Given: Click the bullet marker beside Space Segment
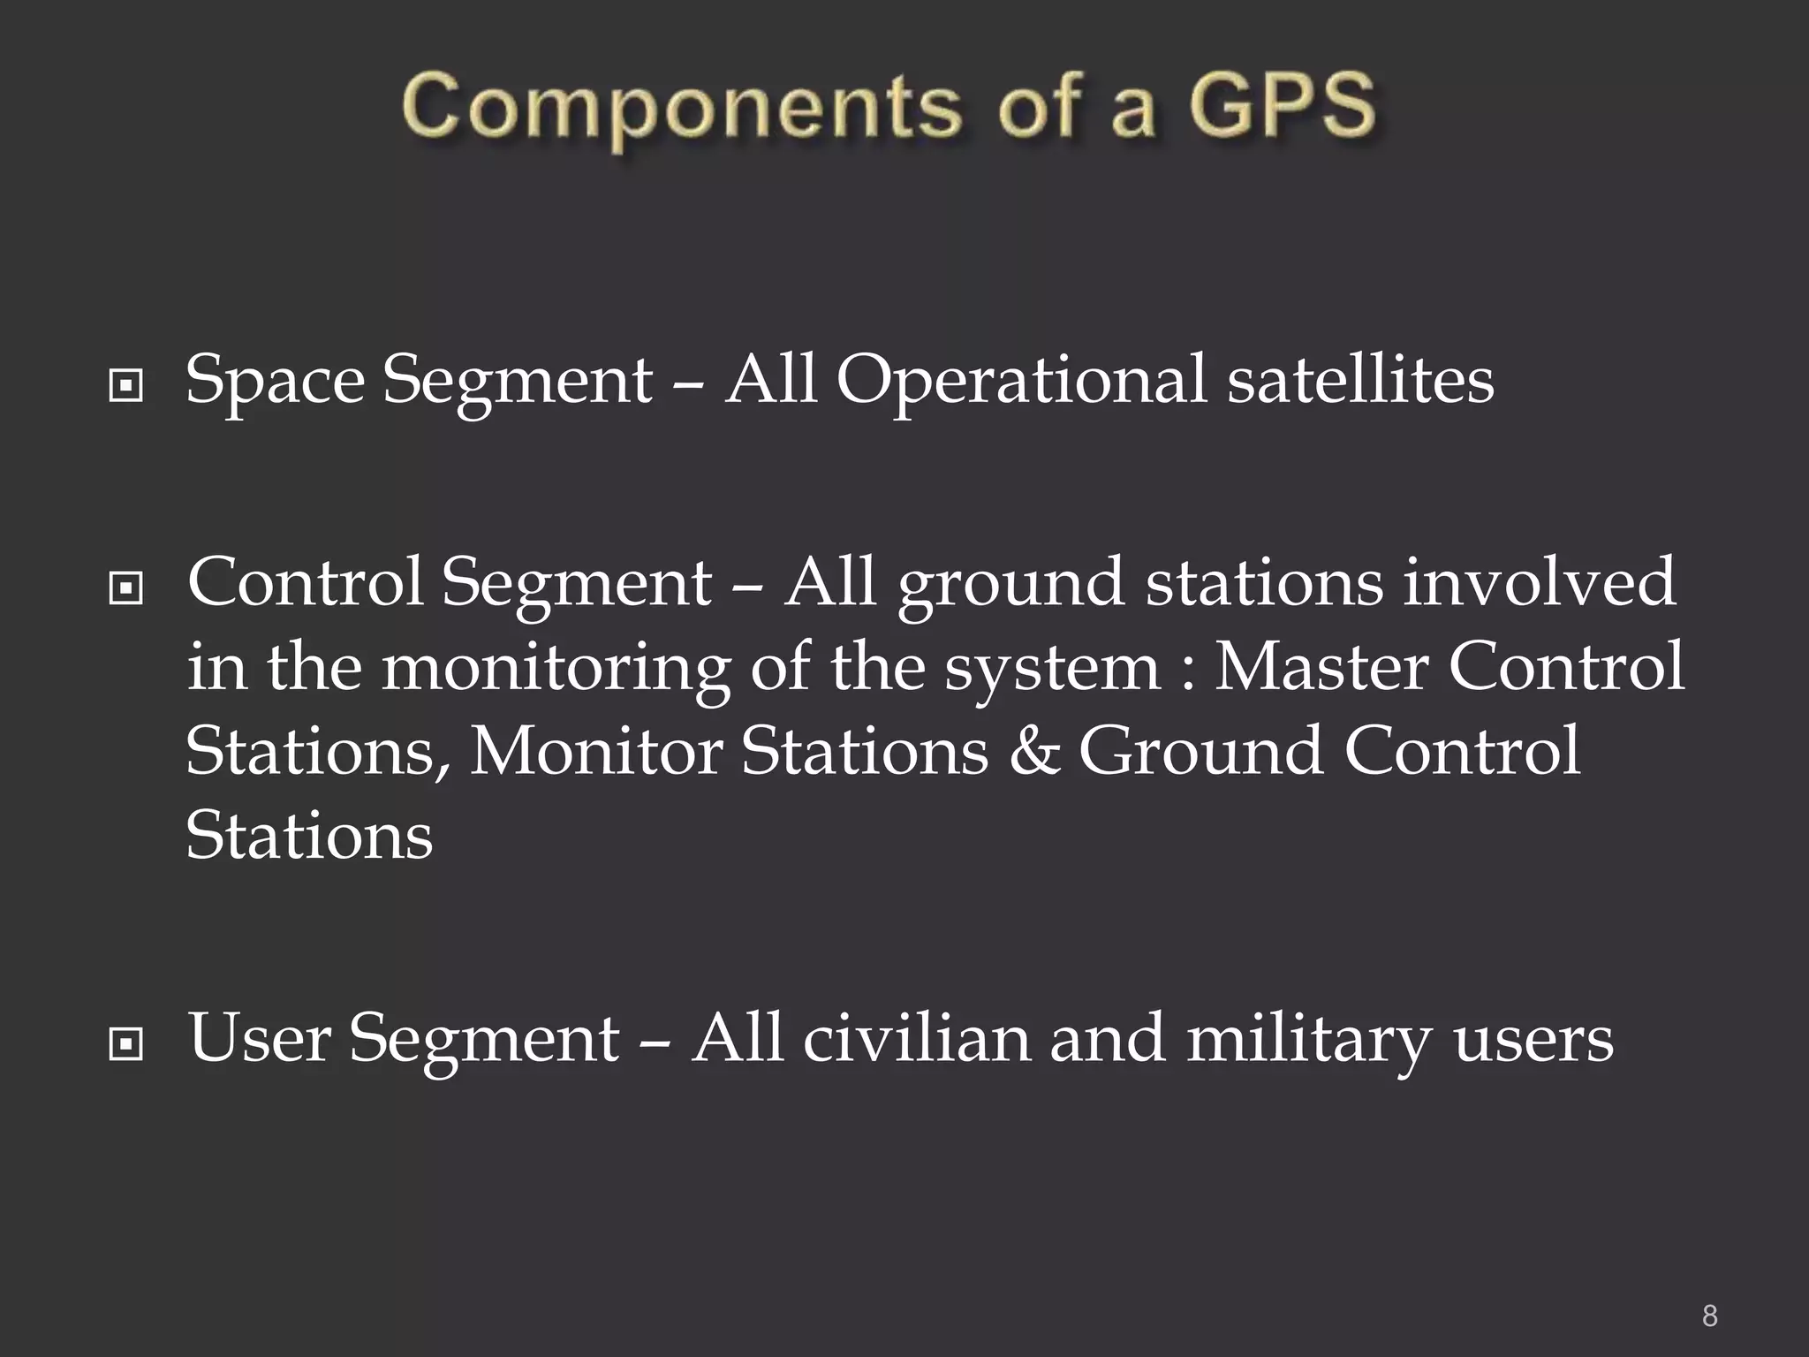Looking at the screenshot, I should point(125,386).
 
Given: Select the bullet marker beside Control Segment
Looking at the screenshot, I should point(125,588).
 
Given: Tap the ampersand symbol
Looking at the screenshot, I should point(1033,751).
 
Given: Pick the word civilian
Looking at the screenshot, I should point(915,1038).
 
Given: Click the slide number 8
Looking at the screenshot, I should point(1710,1316).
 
